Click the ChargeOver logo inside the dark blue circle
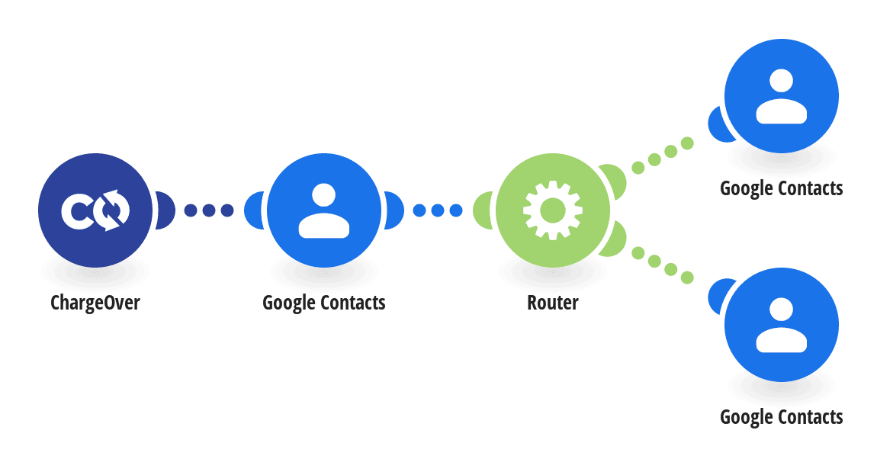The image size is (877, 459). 95,210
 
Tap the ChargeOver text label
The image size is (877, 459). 95,303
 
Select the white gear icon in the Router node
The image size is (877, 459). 553,210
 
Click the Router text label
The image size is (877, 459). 553,303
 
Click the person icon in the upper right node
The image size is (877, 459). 782,96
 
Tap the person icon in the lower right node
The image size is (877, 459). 782,325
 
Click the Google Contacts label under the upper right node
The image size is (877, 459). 782,188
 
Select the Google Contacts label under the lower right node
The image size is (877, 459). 782,417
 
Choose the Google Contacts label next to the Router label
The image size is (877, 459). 324,303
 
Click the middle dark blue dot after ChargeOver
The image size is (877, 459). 209,210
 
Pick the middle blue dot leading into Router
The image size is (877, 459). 438,210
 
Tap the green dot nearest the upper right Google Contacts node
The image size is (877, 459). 687,143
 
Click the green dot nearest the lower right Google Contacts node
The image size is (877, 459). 687,278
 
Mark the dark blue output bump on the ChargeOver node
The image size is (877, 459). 165,210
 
